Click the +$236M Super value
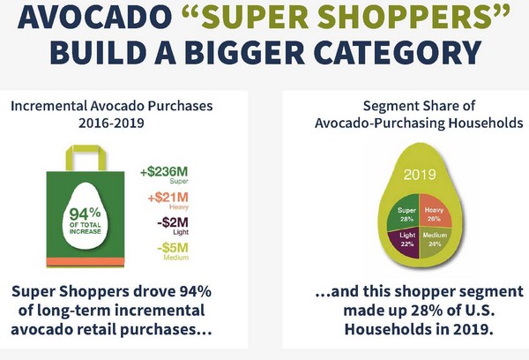164,175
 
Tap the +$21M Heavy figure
168,200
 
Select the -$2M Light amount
173,226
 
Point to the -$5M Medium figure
173,251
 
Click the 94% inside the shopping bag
85,214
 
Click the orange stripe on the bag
86,262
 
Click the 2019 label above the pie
420,175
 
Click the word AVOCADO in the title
94,16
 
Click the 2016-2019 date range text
111,123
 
